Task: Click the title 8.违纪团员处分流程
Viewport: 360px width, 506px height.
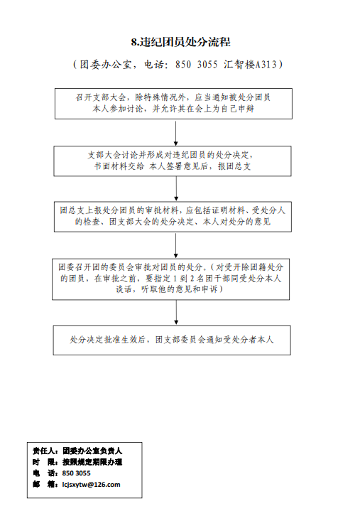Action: click(180, 42)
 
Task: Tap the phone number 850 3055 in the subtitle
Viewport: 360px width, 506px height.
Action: click(196, 65)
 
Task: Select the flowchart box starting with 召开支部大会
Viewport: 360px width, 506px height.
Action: click(173, 104)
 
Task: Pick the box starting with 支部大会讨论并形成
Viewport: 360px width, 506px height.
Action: click(173, 161)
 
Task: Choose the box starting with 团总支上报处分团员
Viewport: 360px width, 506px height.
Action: click(173, 217)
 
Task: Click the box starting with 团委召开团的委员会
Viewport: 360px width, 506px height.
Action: click(171, 279)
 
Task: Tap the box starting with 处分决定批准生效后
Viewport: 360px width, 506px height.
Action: click(172, 340)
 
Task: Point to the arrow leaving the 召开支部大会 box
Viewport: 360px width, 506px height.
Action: click(175, 134)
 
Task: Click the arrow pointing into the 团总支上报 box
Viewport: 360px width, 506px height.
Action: click(176, 189)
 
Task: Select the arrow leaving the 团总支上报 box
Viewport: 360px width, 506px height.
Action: click(175, 246)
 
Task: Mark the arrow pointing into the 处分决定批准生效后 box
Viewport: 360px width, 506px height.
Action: click(176, 313)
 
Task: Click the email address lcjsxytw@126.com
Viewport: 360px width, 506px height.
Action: click(91, 485)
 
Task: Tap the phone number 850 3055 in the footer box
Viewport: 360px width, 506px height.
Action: click(77, 473)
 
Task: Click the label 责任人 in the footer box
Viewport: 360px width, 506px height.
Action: click(45, 451)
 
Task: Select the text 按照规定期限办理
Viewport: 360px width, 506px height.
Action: click(92, 462)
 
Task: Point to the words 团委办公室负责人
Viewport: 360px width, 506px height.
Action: click(92, 451)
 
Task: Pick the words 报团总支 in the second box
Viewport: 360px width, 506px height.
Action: click(234, 166)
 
